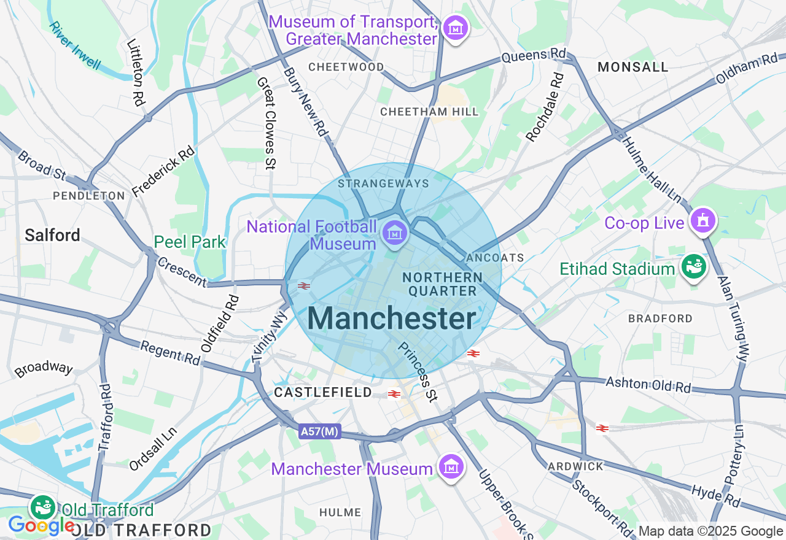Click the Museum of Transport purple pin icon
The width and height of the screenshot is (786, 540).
point(456,28)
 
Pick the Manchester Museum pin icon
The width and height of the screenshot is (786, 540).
point(452,468)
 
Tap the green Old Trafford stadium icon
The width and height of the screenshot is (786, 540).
point(44,507)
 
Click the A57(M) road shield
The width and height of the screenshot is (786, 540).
point(320,431)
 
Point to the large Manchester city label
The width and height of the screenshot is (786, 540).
point(392,318)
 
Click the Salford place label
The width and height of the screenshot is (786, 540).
point(52,235)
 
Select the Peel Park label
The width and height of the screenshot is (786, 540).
point(190,242)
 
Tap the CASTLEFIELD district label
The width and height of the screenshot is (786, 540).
point(323,392)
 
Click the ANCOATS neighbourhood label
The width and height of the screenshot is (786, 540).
point(495,257)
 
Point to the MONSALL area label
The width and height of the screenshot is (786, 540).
point(632,67)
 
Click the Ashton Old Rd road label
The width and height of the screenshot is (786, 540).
point(648,385)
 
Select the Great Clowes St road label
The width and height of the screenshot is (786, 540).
point(266,123)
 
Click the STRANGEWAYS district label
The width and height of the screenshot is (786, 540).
point(383,183)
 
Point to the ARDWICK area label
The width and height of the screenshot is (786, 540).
point(576,466)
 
